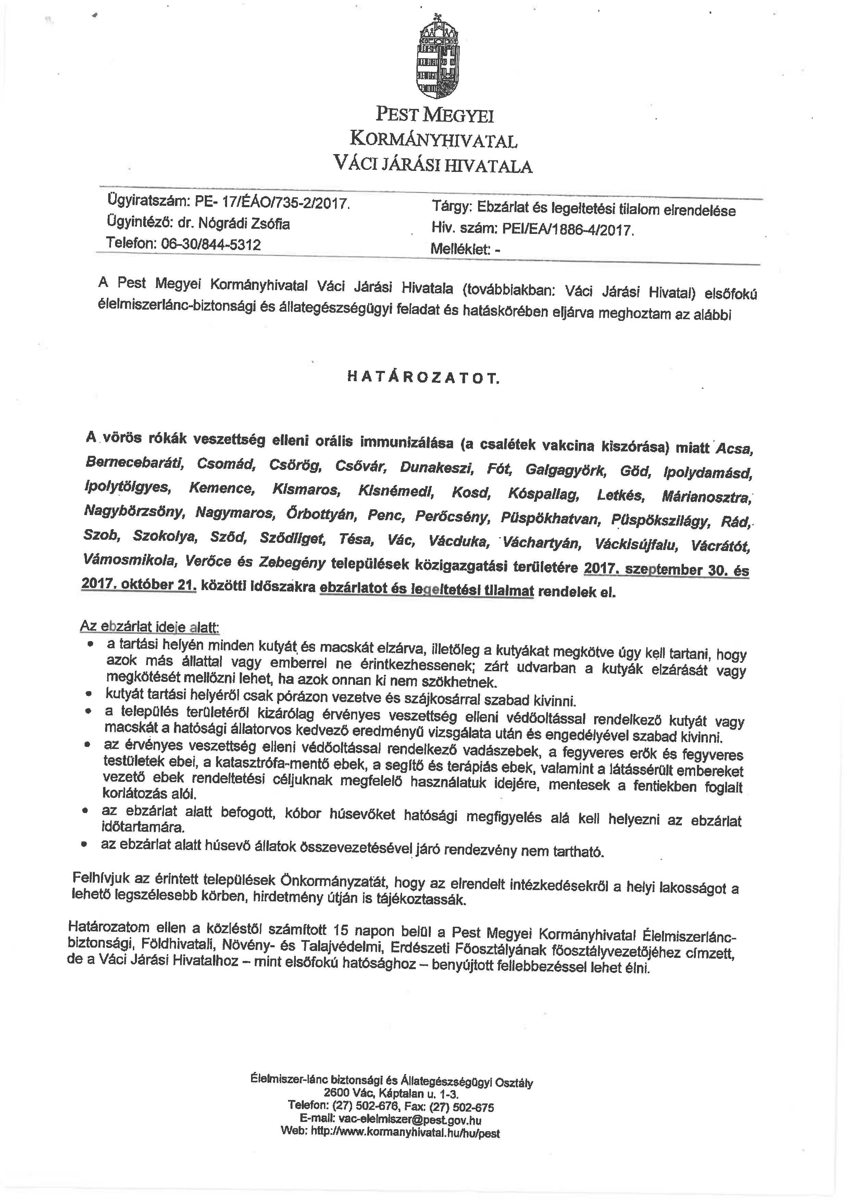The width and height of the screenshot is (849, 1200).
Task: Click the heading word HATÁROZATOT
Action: click(423, 378)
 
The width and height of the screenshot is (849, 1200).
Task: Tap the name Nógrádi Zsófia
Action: click(242, 224)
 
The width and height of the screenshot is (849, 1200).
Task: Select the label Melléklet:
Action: click(460, 249)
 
